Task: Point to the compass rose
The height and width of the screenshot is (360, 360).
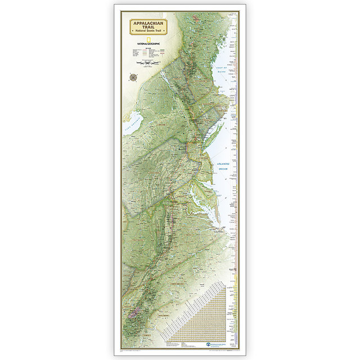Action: click(x=134, y=77)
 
